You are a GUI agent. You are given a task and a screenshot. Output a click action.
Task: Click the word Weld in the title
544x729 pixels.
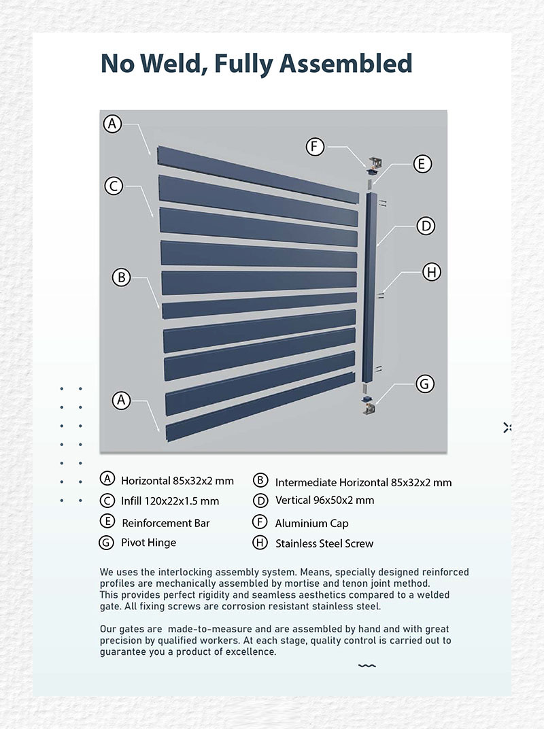point(171,63)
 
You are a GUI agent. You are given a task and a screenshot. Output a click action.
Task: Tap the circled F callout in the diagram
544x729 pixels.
point(315,146)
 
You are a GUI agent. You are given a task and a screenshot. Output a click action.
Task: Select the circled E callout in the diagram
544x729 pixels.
point(422,164)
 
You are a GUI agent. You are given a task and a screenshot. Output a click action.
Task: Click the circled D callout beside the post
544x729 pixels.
point(425,226)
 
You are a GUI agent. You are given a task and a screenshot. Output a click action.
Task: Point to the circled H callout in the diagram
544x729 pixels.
point(431,272)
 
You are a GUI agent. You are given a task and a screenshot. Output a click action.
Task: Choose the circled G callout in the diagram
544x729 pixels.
point(425,384)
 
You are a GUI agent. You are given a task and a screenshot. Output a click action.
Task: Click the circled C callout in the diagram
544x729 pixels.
point(114,186)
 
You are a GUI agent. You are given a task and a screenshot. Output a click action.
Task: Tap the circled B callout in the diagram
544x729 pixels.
point(121,277)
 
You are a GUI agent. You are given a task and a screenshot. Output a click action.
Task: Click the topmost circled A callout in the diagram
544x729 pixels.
point(113,124)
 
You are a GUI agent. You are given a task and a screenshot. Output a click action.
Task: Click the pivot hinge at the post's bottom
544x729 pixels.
point(368,406)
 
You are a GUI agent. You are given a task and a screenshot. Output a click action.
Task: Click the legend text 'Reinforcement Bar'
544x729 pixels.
point(165,523)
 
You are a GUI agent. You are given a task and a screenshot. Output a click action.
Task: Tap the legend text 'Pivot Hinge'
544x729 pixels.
point(148,543)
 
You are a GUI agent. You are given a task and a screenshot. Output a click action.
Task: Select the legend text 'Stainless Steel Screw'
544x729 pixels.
point(324,543)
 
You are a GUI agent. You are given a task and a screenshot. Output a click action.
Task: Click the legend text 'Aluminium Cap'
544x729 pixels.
point(311,523)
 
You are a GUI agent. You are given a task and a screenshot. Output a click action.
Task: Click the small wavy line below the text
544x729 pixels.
point(367,666)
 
